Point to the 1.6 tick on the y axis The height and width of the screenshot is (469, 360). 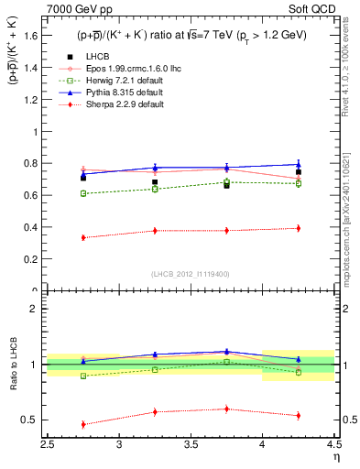32,35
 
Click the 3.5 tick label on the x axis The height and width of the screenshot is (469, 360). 191,445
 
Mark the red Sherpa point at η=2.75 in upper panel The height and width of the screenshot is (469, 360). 83,237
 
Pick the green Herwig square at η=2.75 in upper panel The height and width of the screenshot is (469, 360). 83,193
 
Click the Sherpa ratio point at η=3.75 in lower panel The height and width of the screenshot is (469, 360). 226,409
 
